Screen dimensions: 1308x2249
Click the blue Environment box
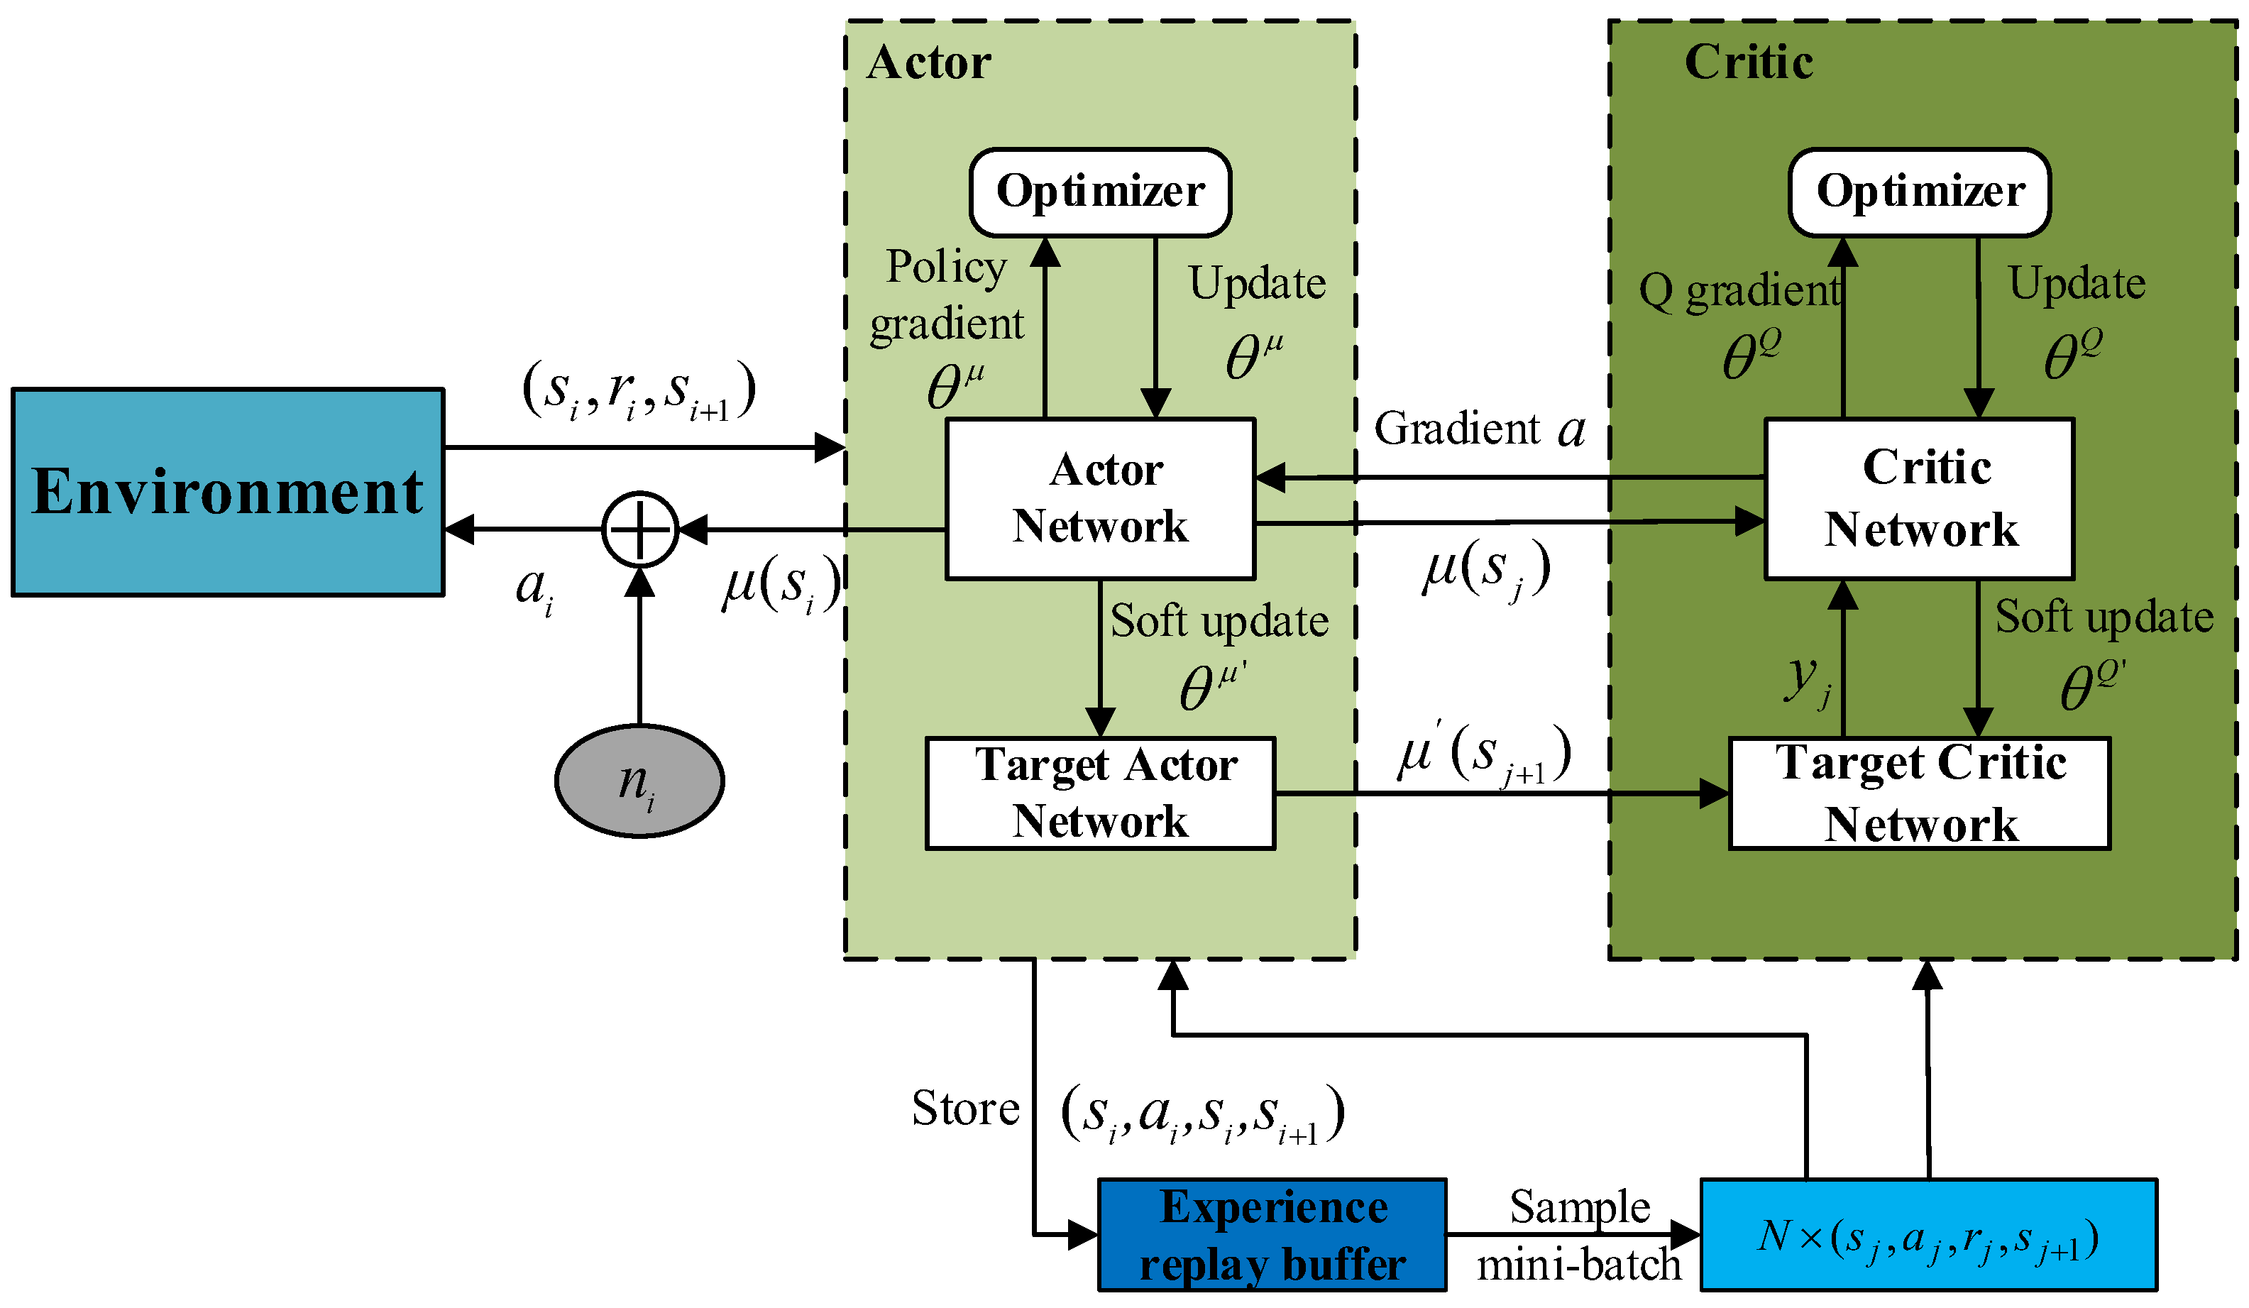coord(228,492)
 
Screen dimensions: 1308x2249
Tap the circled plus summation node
coord(640,529)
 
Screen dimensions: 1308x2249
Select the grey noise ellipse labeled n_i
coord(639,781)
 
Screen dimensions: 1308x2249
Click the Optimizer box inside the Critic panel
coord(1919,192)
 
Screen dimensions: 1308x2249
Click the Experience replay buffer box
coord(1272,1235)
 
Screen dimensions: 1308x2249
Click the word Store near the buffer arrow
coord(964,1109)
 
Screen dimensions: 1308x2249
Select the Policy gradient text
coord(946,295)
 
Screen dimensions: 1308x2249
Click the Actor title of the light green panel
coord(928,62)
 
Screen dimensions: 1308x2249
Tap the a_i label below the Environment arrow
coord(534,590)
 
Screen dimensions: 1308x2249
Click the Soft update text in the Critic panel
coord(2104,617)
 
